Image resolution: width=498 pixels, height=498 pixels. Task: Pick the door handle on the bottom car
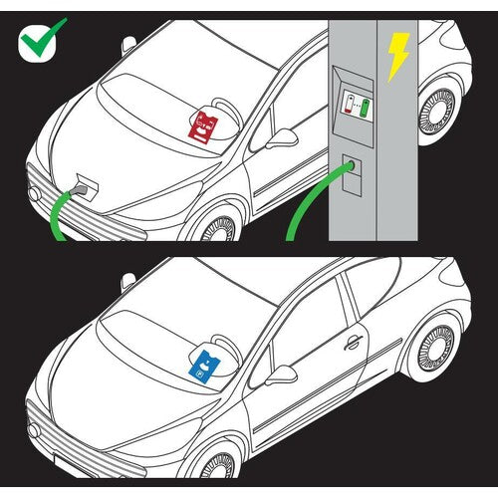(x=351, y=343)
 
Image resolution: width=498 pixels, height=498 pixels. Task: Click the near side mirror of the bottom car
(x=280, y=376)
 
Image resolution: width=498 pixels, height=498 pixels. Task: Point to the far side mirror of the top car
(x=127, y=45)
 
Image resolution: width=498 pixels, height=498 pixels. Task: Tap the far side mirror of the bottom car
(x=127, y=282)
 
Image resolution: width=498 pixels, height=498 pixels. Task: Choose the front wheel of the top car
(x=217, y=229)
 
